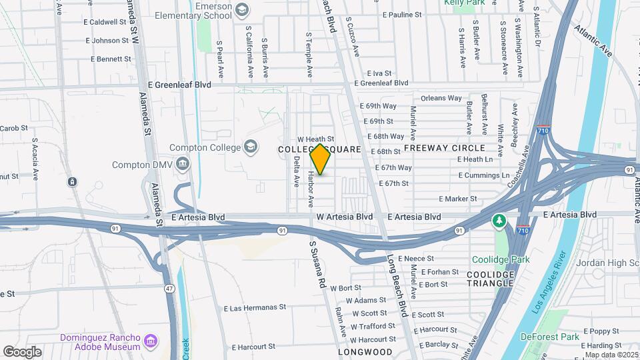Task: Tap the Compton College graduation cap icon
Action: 251,147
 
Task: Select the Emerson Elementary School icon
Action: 241,10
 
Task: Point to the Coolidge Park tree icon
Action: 498,221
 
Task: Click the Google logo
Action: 22,352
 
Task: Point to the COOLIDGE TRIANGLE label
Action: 491,279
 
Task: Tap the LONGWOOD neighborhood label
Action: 365,351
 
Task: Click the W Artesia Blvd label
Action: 344,217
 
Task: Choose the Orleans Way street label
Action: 441,98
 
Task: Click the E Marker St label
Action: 458,199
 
